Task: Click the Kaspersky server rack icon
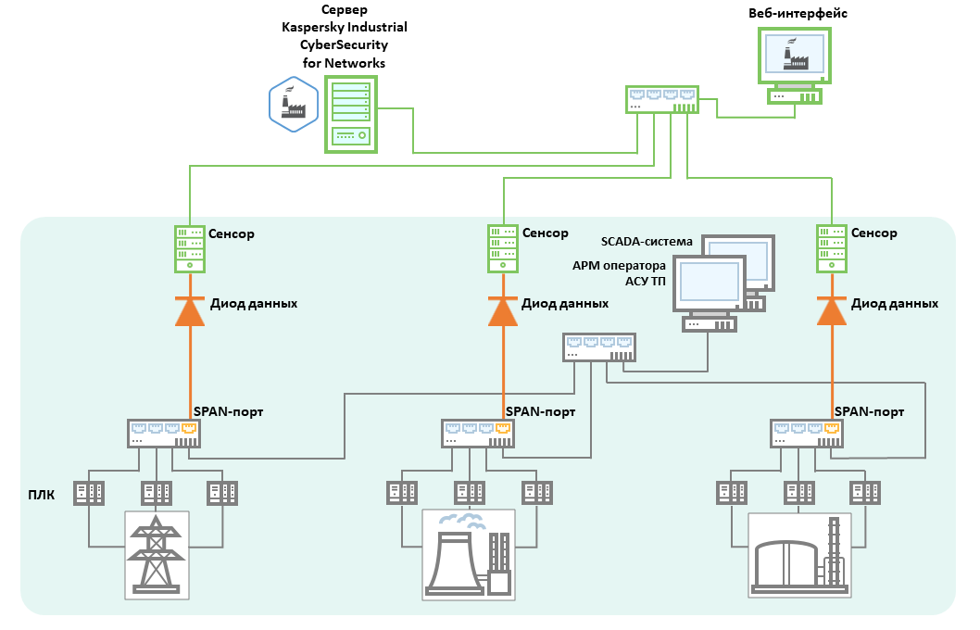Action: [351, 113]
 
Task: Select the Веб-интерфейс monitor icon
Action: [794, 56]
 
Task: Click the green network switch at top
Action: [661, 99]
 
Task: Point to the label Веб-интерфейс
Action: [798, 14]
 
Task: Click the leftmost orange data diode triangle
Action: [189, 311]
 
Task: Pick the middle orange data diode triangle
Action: [502, 311]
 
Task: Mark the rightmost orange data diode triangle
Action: [832, 311]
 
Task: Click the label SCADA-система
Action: [647, 242]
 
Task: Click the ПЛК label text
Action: [42, 495]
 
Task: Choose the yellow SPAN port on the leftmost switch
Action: [190, 428]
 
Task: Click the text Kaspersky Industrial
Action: [345, 27]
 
